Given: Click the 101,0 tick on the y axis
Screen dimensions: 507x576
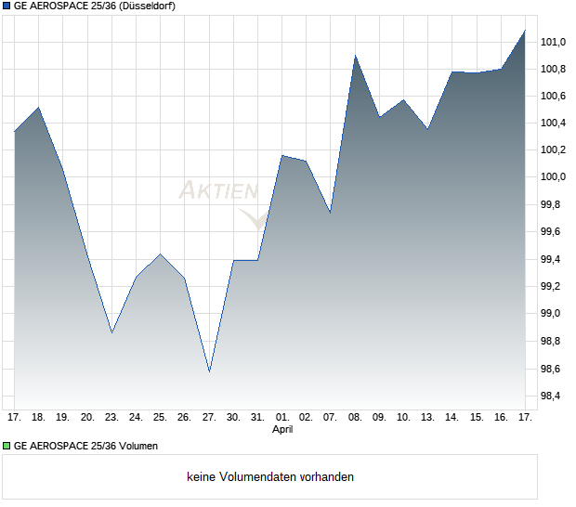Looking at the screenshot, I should pyautogui.click(x=555, y=42).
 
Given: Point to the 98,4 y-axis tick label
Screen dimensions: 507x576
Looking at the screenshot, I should pyautogui.click(x=555, y=396).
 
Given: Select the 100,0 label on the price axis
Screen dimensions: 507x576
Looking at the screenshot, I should pyautogui.click(x=555, y=177).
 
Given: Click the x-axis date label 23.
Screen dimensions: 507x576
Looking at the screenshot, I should pyautogui.click(x=111, y=418).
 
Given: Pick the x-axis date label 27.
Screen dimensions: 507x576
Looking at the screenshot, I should pyautogui.click(x=209, y=418).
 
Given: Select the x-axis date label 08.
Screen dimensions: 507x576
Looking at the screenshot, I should pyautogui.click(x=355, y=418).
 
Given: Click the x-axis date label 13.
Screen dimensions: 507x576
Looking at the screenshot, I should pyautogui.click(x=427, y=418).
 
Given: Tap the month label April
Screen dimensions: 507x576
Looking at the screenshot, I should pyautogui.click(x=282, y=430).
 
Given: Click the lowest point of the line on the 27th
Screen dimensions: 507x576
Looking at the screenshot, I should pyautogui.click(x=209, y=371).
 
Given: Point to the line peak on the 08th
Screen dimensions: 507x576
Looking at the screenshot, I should pyautogui.click(x=355, y=56).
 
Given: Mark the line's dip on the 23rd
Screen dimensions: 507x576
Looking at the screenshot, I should pyautogui.click(x=111, y=332).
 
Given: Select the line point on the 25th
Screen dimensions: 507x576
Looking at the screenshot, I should pyautogui.click(x=161, y=253).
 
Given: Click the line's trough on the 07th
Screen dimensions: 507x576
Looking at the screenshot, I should pyautogui.click(x=330, y=213).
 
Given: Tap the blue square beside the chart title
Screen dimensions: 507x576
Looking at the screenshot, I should pyautogui.click(x=7, y=6).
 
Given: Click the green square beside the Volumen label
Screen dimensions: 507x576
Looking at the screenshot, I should pyautogui.click(x=7, y=447).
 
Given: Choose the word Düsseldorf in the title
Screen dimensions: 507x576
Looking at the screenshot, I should pyautogui.click(x=149, y=6).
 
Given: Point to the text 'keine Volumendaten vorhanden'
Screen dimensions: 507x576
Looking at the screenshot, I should pyautogui.click(x=269, y=477).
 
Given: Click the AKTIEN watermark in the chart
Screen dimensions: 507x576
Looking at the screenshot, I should pyautogui.click(x=218, y=191).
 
